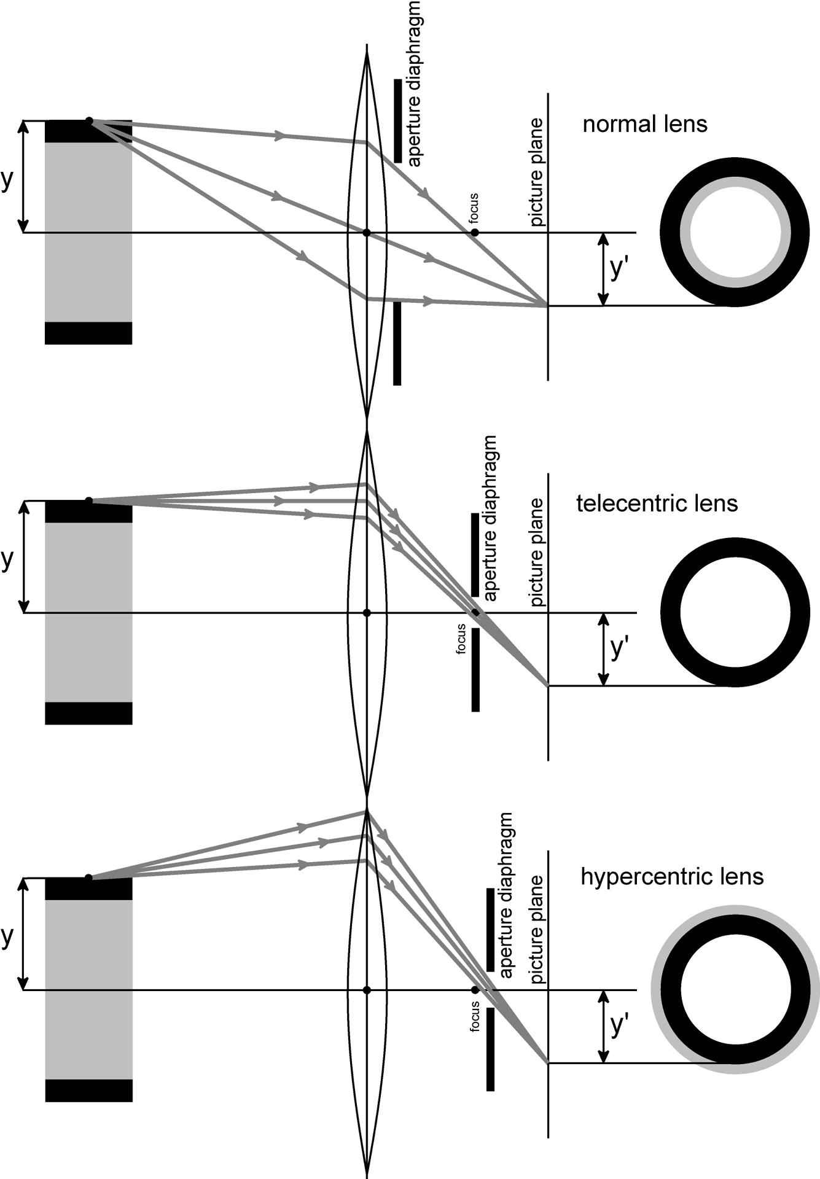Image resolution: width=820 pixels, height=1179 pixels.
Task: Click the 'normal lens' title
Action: coord(645,124)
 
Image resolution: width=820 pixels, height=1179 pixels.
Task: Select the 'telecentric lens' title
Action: coord(657,504)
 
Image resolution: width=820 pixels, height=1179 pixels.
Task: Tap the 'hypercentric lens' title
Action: coord(672,876)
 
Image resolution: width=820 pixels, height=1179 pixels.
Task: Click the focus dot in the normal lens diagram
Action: coord(475,233)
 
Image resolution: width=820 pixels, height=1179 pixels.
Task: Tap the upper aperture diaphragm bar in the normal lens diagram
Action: coord(398,120)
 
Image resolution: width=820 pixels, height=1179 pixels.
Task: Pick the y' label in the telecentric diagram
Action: coord(620,648)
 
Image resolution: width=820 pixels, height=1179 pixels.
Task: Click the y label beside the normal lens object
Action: coord(7,179)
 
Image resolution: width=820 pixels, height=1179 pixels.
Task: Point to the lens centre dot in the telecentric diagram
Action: coord(367,613)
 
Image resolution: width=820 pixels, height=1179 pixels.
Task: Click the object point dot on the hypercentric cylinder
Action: coord(88,877)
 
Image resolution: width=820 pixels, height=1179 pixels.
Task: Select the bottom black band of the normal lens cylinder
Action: coord(88,333)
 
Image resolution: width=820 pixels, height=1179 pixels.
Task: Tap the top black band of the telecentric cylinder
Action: coord(88,512)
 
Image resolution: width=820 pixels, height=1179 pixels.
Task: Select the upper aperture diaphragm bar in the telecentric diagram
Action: coord(475,554)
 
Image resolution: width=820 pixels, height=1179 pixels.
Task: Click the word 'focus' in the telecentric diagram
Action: coord(461,639)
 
